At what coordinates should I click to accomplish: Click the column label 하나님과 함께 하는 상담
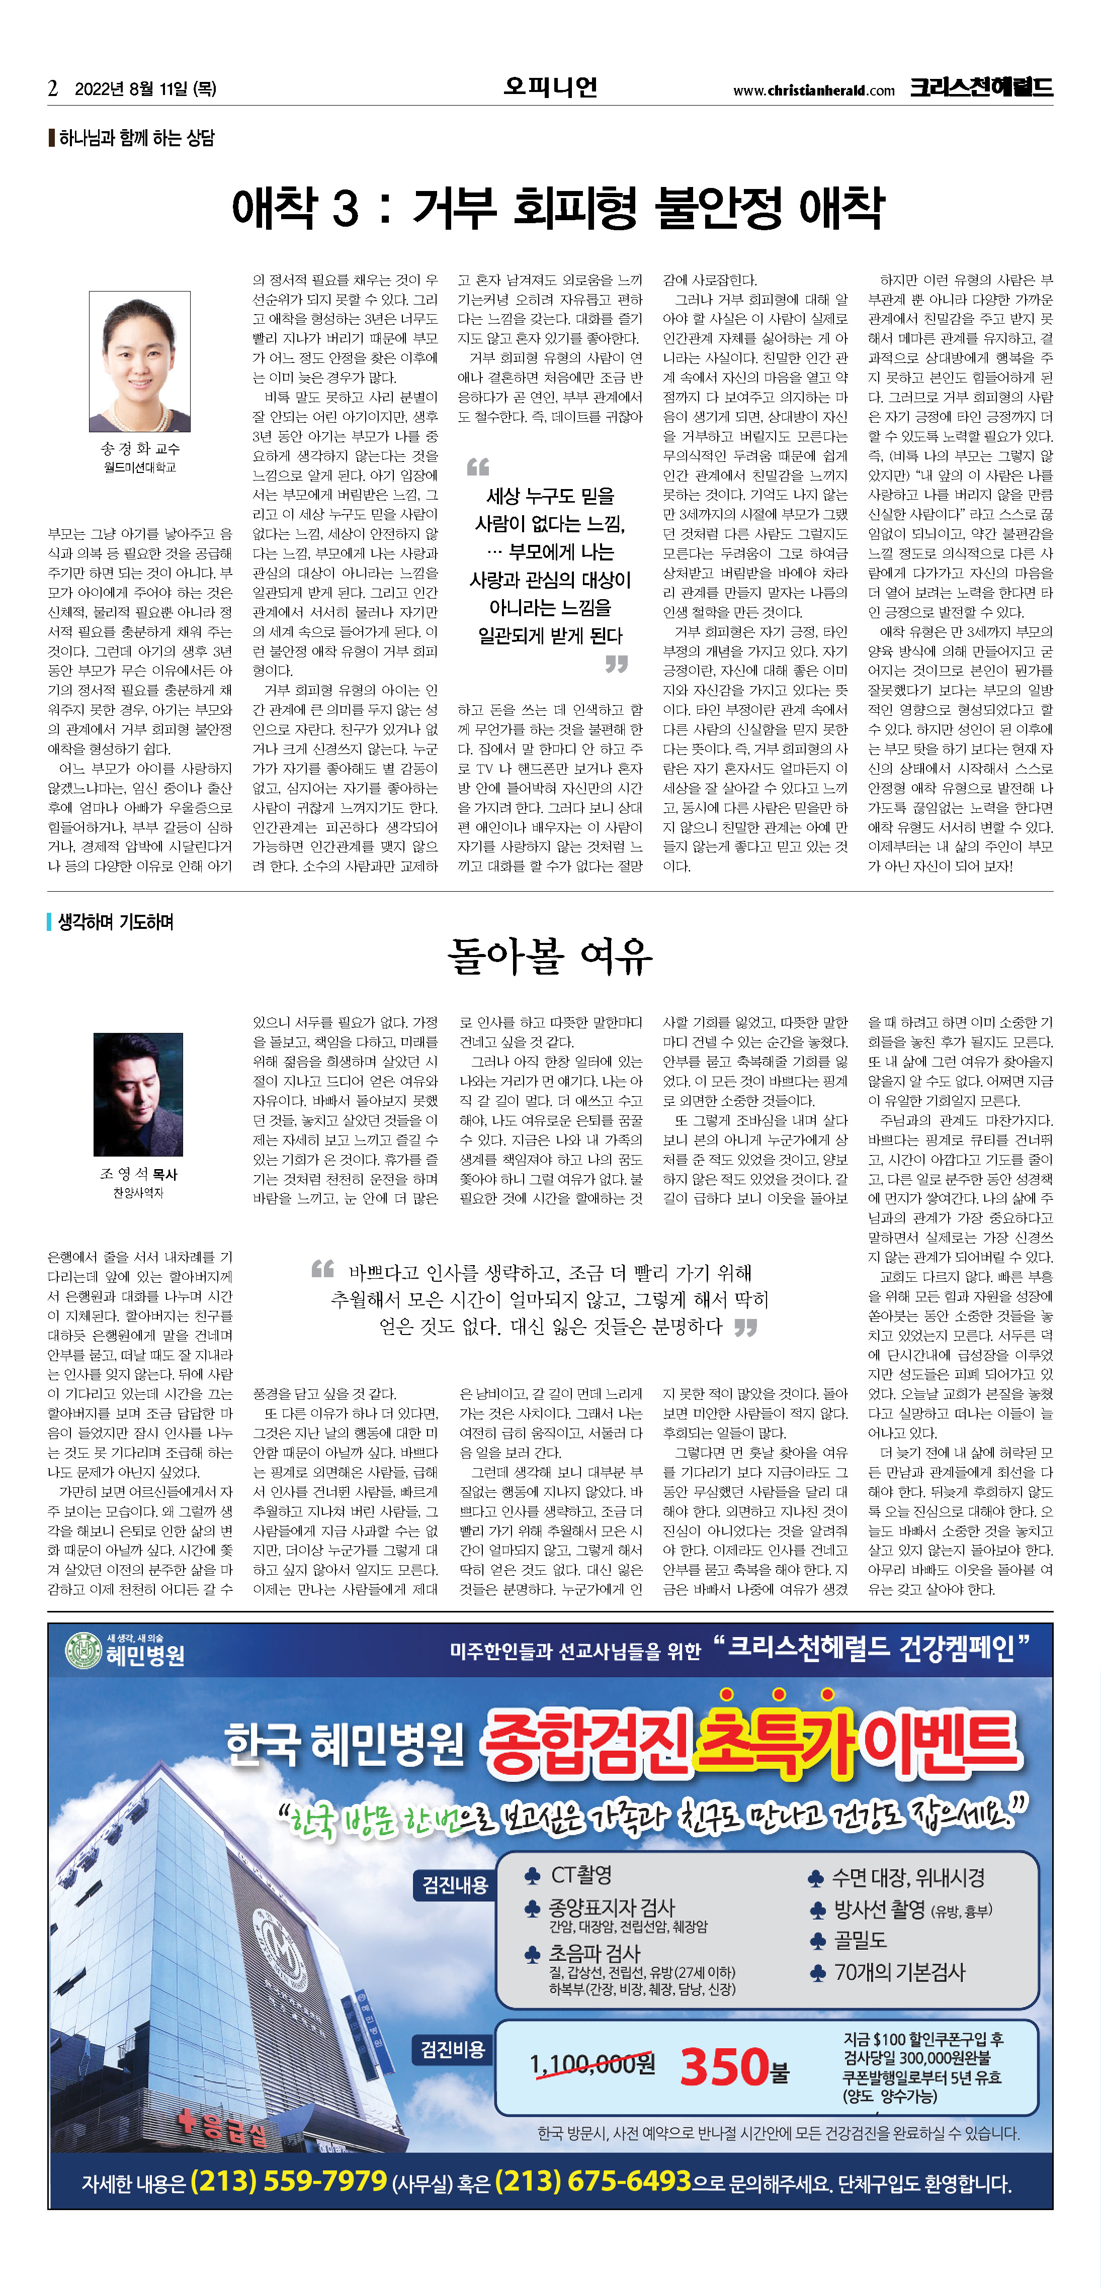[136, 138]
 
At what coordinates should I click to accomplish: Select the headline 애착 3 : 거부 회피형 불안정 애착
[558, 208]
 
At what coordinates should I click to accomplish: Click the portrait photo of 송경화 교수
[139, 361]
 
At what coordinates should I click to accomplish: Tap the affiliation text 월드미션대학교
[139, 467]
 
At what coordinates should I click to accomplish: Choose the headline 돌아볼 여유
[550, 957]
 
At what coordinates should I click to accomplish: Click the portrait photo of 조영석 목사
[138, 1094]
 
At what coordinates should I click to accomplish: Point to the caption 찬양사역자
[138, 1193]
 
